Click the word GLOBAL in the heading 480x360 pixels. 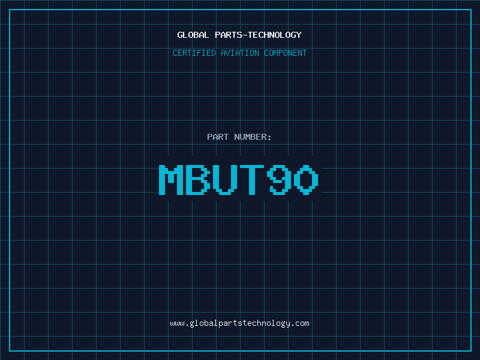click(x=193, y=35)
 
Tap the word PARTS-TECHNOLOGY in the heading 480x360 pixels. click(x=259, y=35)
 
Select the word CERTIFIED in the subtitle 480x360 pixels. click(x=194, y=53)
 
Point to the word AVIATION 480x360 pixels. click(x=240, y=53)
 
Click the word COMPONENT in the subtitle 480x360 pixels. click(x=286, y=53)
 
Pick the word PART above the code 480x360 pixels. click(x=218, y=137)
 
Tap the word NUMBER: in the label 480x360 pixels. click(x=253, y=137)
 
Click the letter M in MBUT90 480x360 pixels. click(x=171, y=179)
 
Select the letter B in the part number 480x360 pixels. click(x=198, y=179)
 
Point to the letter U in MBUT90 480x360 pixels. click(x=225, y=179)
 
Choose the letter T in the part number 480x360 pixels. click(x=251, y=179)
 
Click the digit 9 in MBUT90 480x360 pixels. click(x=279, y=179)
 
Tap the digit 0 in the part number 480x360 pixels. click(x=306, y=179)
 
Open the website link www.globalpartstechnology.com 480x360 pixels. click(x=239, y=323)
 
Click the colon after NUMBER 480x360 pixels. click(x=269, y=138)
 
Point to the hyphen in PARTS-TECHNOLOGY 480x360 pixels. click(x=245, y=35)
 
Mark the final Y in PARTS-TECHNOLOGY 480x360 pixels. click(x=299, y=35)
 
